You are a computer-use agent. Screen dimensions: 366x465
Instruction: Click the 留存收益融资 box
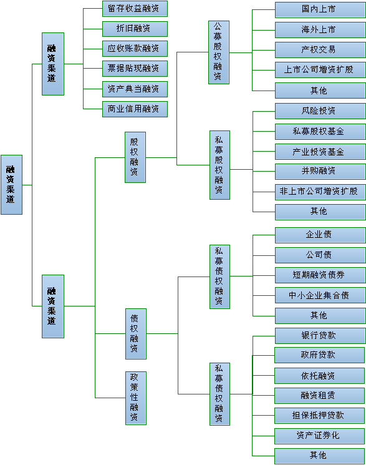click(x=135, y=9)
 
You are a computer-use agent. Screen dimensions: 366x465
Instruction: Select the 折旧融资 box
click(x=135, y=29)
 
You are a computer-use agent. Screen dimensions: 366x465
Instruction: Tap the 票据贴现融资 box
click(x=135, y=69)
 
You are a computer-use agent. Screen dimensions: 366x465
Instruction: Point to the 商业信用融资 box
click(x=135, y=109)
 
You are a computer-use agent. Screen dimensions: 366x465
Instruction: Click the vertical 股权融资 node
click(x=135, y=157)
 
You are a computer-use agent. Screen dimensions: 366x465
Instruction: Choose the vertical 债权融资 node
click(x=136, y=334)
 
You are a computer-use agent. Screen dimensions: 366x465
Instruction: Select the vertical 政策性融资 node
click(x=136, y=398)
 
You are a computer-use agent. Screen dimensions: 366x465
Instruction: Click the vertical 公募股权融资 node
click(x=219, y=52)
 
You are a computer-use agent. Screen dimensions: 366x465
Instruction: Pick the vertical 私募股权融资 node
click(x=219, y=165)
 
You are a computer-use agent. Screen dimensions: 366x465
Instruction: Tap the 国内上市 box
click(x=320, y=10)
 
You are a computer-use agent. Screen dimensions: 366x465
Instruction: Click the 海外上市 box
click(x=320, y=30)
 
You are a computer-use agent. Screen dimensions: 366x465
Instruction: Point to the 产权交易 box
click(x=320, y=50)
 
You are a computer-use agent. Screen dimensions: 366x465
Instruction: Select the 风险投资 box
click(x=320, y=111)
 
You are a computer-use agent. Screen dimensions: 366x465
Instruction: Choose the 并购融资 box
click(x=320, y=172)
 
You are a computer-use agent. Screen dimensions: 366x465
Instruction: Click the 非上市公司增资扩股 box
click(x=320, y=192)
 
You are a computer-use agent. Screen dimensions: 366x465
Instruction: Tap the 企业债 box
click(x=320, y=235)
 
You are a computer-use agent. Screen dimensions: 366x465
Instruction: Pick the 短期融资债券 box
click(x=320, y=275)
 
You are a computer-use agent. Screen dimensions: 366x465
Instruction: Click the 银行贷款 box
click(x=320, y=336)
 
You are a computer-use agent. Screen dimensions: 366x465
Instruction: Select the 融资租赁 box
click(x=319, y=396)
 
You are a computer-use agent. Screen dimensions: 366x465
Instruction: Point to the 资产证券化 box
click(x=319, y=436)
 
